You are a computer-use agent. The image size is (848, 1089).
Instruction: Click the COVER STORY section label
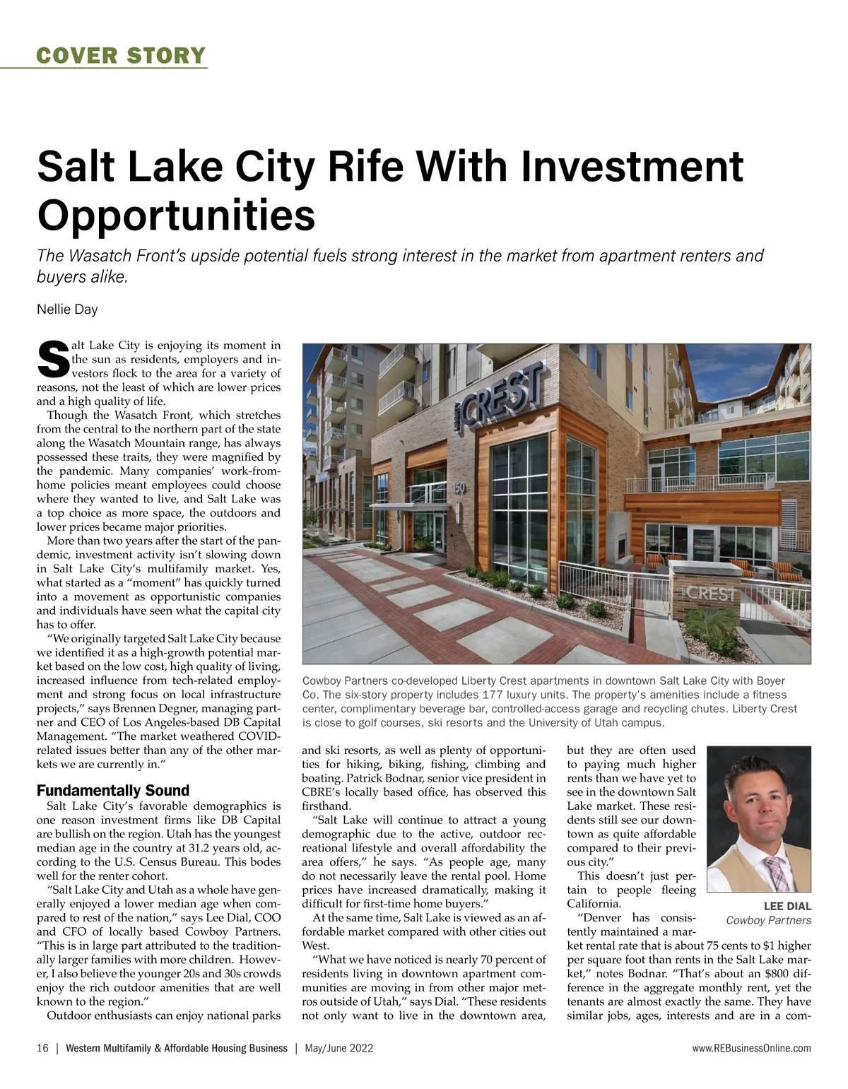click(x=121, y=55)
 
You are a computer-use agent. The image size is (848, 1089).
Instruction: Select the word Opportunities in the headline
click(x=176, y=215)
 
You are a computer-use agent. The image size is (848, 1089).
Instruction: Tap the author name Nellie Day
click(x=67, y=310)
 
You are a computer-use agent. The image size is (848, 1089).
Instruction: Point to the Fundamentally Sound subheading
click(x=113, y=791)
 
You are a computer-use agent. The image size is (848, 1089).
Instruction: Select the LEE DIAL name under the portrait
click(x=787, y=906)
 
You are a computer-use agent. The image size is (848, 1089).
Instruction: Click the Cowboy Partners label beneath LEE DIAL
click(x=769, y=920)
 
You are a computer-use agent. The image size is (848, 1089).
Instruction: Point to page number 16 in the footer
click(x=42, y=1049)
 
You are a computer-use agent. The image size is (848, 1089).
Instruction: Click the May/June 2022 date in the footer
click(x=339, y=1049)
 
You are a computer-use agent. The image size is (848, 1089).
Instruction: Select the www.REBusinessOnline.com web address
click(x=752, y=1049)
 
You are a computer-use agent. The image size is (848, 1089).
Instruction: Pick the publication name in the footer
click(x=176, y=1049)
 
